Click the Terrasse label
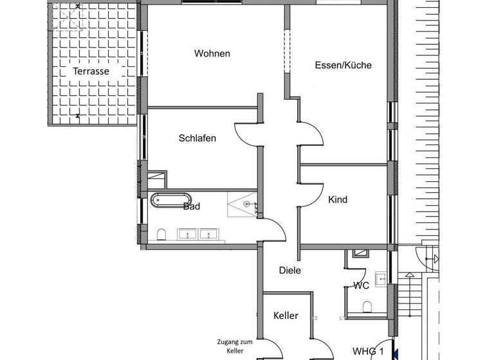91,71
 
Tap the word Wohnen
212,53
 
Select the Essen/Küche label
343,65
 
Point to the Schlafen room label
197,138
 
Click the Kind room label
338,199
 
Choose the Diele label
289,271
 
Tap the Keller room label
286,316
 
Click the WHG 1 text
367,352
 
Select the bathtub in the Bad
170,201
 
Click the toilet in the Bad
162,233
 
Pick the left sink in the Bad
188,234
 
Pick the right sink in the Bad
208,234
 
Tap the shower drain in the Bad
246,204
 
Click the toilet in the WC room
367,307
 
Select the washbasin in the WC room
380,278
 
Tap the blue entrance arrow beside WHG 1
396,353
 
